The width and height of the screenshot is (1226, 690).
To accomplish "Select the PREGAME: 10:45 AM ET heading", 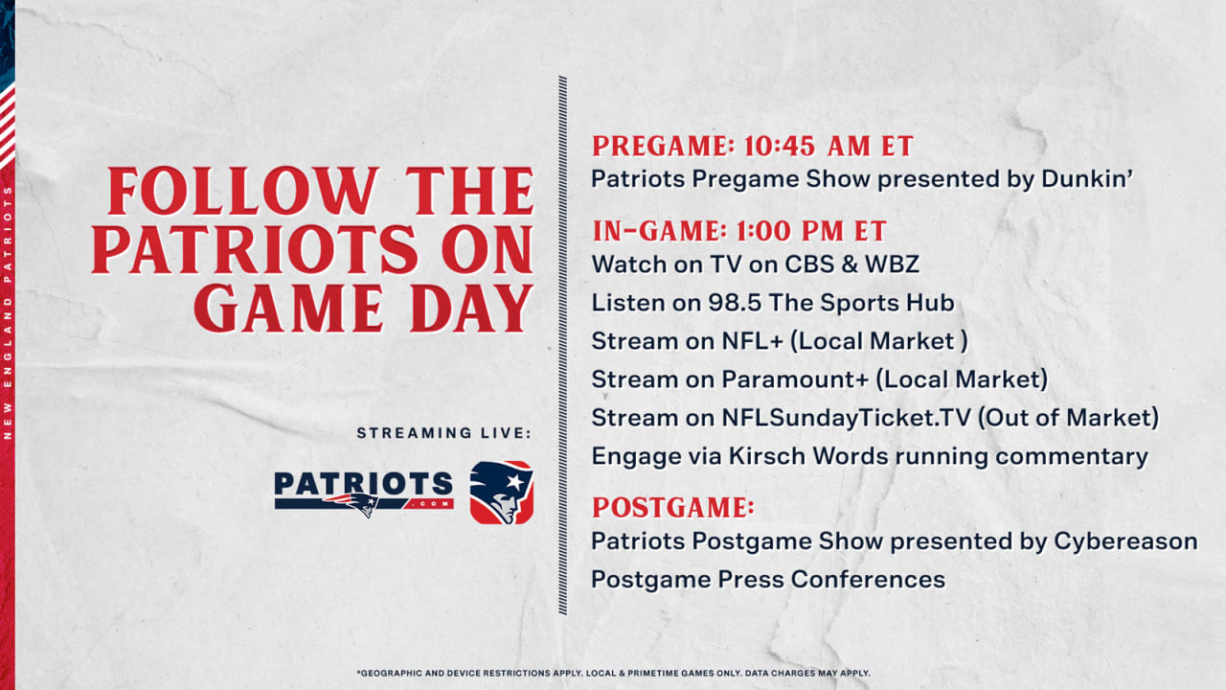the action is (753, 147).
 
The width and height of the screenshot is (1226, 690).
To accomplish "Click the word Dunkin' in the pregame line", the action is (1087, 178).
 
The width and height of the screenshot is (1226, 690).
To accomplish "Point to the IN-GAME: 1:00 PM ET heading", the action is (739, 231).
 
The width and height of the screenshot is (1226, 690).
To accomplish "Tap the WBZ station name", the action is (892, 264).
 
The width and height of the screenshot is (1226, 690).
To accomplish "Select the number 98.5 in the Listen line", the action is (735, 303).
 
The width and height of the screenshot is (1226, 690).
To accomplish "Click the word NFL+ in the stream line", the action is (753, 341).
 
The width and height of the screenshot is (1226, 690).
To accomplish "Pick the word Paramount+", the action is (795, 379).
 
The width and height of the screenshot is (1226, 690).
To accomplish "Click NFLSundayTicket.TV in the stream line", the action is (846, 418).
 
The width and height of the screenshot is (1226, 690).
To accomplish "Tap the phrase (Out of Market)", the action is (1068, 418).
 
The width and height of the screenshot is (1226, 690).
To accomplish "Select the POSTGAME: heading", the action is (672, 507).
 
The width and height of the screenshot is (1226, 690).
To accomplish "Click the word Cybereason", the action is (1125, 541).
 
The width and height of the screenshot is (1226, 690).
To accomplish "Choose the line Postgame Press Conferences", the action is (768, 580).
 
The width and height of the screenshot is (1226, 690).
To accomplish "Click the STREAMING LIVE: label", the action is (443, 433).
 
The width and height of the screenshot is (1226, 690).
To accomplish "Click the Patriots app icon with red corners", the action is (501, 493).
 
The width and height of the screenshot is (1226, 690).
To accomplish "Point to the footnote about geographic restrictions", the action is (613, 673).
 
